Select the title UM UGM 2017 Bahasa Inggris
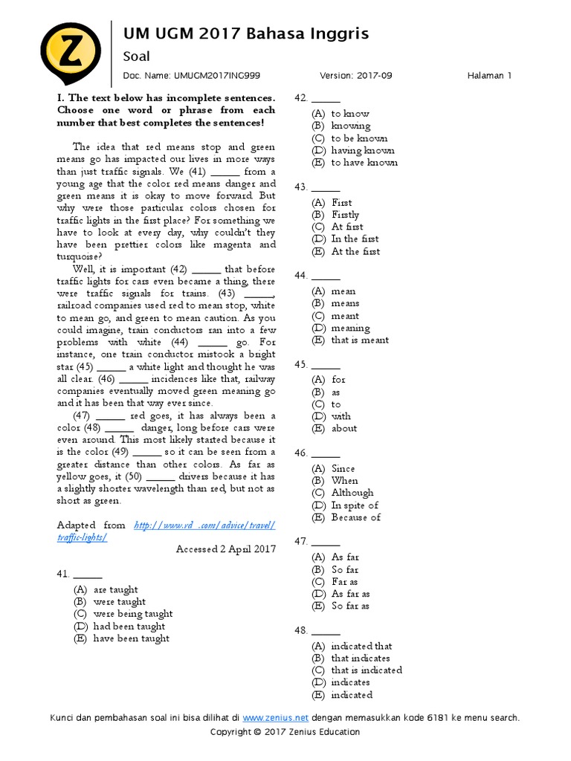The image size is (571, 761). coord(245,33)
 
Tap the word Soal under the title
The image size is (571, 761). coord(136,56)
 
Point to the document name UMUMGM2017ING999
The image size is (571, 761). coord(217,76)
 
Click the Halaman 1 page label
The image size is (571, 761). coord(490,76)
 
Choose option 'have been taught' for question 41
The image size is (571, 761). coord(131,638)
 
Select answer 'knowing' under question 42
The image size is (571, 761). coord(350,126)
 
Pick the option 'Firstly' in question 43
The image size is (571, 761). coord(345,215)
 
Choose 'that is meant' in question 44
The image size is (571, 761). coord(360,340)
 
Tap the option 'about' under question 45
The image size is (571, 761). coord(344,429)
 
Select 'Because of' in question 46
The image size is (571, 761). coord(355,517)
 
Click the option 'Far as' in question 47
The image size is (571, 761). coord(344,582)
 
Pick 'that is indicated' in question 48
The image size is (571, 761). coord(367,670)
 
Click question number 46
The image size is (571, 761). coord(301,453)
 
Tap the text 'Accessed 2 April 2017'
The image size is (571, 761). coord(225,549)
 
